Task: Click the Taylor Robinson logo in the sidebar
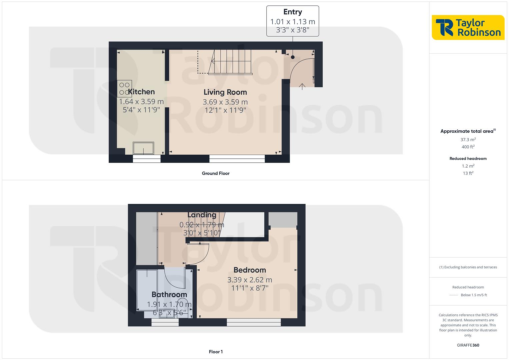pos(468,27)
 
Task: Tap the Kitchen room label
pos(141,92)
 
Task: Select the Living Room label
pos(225,92)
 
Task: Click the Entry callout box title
pos(293,12)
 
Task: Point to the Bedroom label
pos(250,270)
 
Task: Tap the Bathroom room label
pos(169,294)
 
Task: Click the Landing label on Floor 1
pos(202,215)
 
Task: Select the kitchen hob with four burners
pos(124,89)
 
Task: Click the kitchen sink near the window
pos(143,148)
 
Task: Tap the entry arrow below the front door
pos(302,87)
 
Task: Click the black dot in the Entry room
pos(293,57)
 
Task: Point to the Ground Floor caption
pos(216,173)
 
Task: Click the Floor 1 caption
pos(216,352)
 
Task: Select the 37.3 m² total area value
pos(468,140)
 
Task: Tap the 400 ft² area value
pos(468,147)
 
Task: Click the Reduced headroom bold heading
pos(468,159)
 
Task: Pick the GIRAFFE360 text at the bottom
pos(468,345)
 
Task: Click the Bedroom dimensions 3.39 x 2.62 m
pos(250,280)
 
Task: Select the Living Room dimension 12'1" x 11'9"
pos(225,110)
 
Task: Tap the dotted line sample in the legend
pos(454,295)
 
